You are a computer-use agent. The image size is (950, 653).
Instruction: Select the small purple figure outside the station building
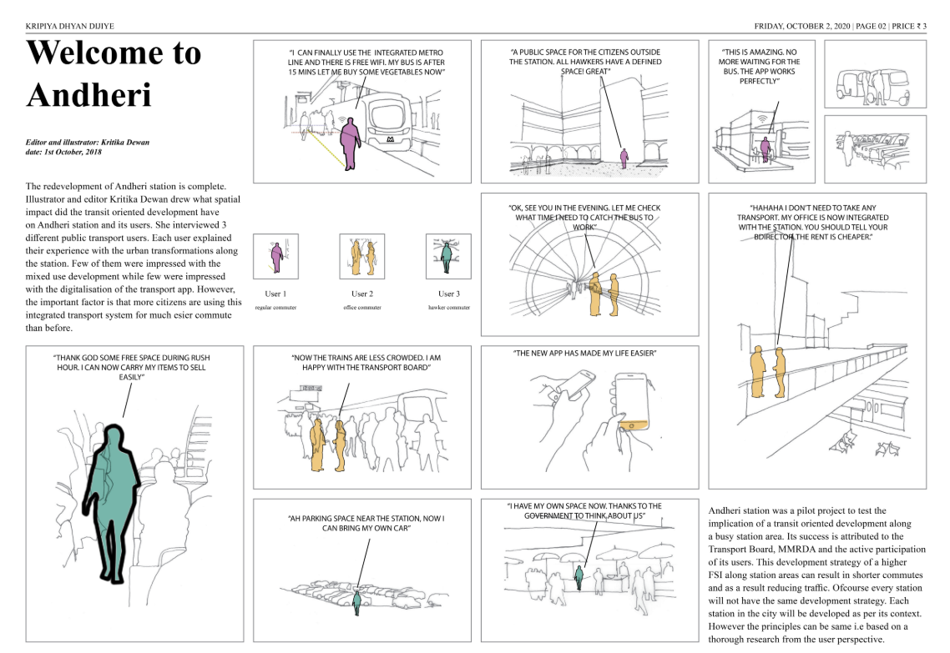coord(623,157)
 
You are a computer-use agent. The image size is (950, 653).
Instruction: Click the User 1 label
coord(275,294)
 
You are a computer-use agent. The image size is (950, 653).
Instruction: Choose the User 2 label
coord(362,294)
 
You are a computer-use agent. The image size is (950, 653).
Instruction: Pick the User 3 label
coord(448,294)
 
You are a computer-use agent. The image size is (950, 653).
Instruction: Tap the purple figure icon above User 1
coord(276,255)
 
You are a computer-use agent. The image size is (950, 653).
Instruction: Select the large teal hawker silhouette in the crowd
coord(114,509)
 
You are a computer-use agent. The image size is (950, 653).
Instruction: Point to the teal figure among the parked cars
coord(357,600)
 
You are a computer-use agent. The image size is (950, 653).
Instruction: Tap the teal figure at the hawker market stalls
coord(579,576)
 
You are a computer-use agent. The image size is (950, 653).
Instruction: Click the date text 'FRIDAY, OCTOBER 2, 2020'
coord(801,27)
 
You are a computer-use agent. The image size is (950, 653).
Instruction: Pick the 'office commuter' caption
coord(362,308)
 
